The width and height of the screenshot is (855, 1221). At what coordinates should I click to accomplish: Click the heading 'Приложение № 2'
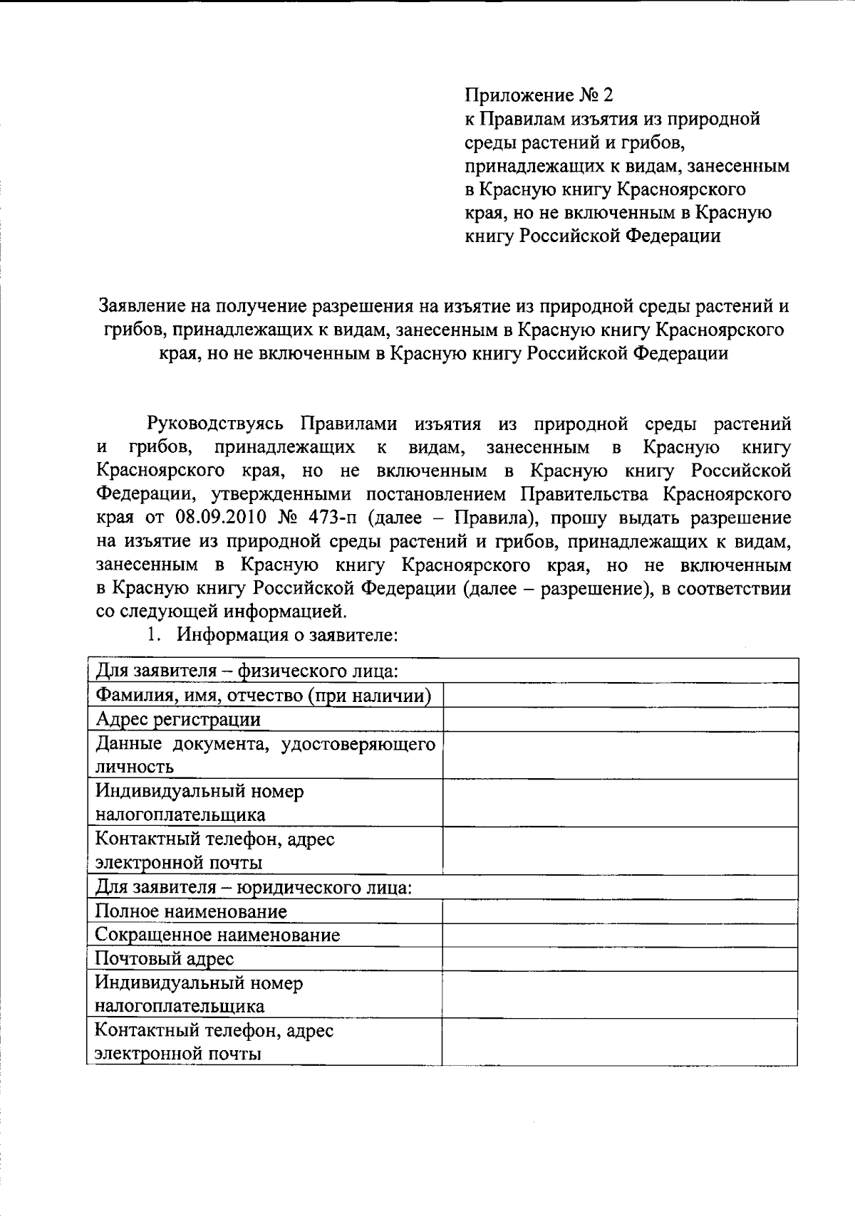coord(539,95)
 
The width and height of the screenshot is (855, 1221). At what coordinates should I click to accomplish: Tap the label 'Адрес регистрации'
coord(178,719)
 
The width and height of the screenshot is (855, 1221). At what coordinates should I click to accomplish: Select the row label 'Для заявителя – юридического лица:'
coord(253,888)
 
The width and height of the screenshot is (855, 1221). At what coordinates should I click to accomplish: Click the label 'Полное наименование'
coord(191,911)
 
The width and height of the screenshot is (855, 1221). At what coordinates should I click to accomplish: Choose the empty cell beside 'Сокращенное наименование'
coord(619,935)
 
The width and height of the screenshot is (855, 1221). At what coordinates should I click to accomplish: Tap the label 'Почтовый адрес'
coord(165,959)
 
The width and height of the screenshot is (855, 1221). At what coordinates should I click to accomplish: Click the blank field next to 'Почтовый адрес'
coord(619,959)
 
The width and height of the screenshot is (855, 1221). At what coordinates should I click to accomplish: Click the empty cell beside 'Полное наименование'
coord(619,911)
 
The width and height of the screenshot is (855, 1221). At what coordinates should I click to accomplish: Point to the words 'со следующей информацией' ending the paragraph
coord(221,611)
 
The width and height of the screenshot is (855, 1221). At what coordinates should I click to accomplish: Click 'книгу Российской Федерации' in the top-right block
coord(593,236)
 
